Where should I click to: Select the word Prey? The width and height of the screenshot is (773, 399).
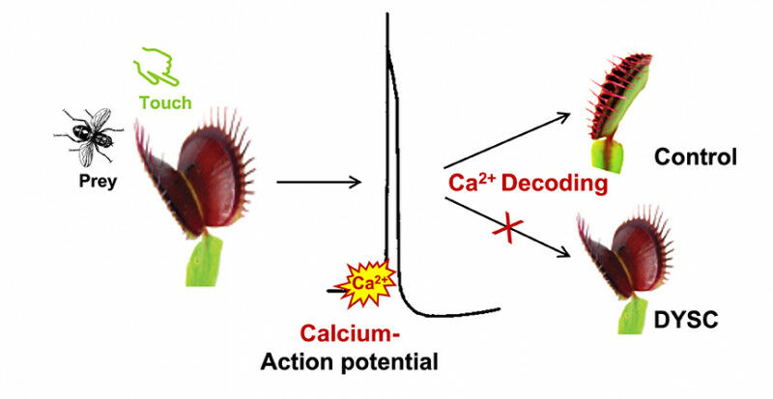pos(97,180)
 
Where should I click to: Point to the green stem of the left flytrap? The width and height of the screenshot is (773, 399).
pos(205,267)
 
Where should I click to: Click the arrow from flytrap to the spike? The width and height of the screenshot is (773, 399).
pos(319,181)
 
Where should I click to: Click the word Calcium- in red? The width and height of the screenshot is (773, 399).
pos(349,334)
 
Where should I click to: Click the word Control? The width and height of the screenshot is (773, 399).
pos(694,157)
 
